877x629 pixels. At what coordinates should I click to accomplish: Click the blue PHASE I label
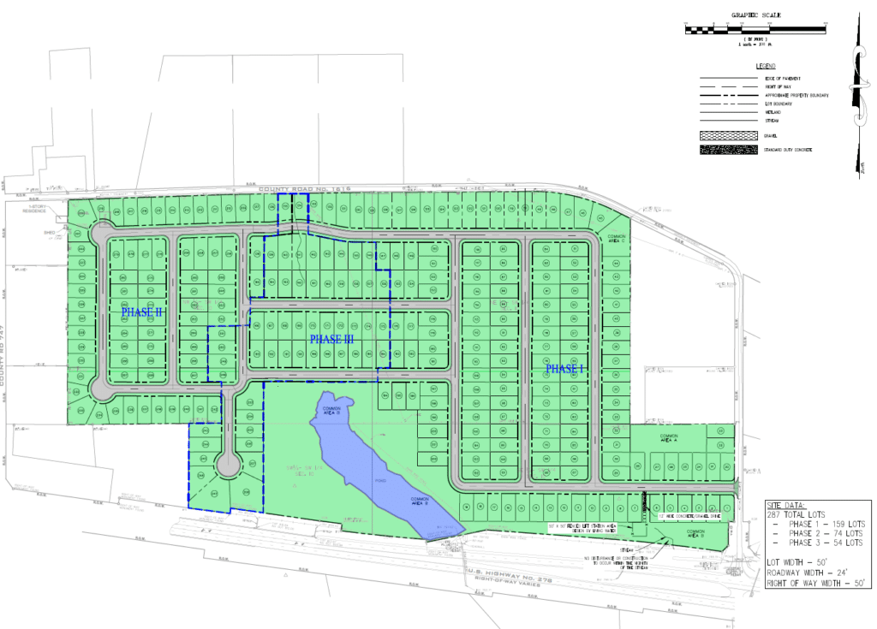[564, 368]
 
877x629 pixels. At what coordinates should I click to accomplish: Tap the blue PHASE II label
[140, 312]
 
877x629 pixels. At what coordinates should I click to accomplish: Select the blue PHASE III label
[331, 340]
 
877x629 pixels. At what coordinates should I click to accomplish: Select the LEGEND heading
[764, 66]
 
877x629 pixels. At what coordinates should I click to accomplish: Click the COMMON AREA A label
[669, 438]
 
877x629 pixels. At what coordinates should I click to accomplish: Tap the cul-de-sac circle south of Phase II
[228, 465]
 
